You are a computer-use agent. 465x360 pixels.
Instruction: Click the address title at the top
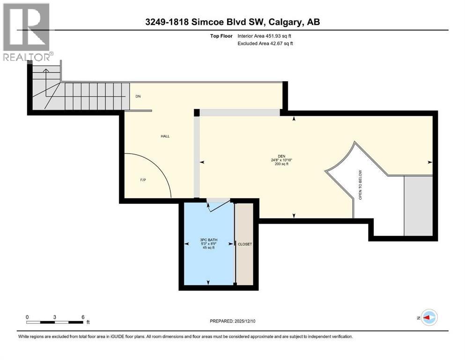[x=232, y=22]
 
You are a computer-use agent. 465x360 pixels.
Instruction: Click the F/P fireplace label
[x=143, y=180]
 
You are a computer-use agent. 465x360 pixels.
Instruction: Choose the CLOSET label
[x=245, y=244]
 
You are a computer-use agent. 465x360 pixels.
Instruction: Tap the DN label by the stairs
[x=138, y=97]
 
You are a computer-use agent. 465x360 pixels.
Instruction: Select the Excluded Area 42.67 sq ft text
[x=266, y=44]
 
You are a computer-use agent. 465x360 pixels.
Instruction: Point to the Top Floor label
[x=221, y=36]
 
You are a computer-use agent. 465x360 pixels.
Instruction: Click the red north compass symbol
[x=428, y=318]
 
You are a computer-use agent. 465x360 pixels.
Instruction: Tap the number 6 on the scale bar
[x=83, y=317]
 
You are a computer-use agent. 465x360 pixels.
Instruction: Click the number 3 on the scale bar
[x=55, y=317]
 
